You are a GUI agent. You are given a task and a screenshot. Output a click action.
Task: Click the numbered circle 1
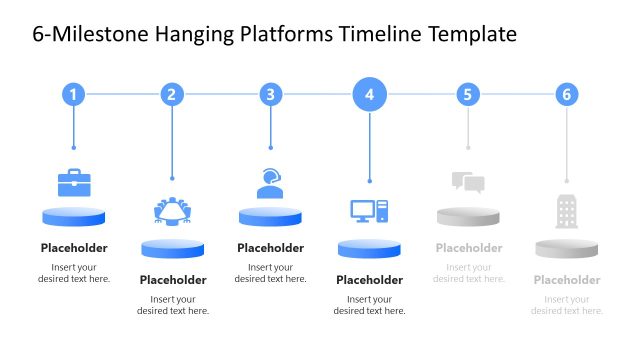73,95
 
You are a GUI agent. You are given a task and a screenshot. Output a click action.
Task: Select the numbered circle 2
172,95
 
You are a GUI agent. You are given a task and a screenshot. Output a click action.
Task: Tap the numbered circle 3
270,95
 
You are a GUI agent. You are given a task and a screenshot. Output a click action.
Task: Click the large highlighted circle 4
369,95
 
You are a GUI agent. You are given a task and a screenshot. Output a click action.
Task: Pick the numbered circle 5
468,95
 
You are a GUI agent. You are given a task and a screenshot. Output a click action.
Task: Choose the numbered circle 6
567,95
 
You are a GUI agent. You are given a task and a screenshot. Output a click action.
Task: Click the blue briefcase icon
74,183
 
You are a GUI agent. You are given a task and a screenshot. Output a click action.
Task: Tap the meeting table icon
173,211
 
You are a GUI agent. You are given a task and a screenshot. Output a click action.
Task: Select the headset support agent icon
270,182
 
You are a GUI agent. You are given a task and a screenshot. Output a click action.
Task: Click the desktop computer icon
369,211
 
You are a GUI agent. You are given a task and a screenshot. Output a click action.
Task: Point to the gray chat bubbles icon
467,182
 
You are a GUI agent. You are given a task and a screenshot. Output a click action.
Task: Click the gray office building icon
567,211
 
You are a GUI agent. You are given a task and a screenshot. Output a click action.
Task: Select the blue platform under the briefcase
74,216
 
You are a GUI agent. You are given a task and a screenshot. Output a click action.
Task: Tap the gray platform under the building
566,248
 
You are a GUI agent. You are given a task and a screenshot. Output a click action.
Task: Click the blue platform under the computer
369,248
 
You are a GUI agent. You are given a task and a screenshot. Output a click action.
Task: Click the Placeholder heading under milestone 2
173,280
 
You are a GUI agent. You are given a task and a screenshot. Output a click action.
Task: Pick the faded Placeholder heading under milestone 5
468,248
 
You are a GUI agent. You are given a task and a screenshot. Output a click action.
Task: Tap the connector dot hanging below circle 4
369,181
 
